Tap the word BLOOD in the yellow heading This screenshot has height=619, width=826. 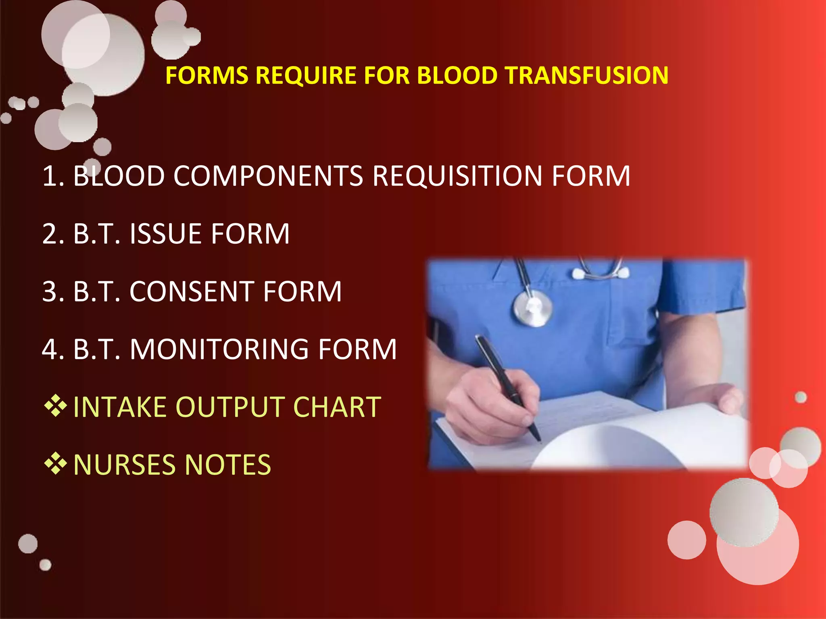pyautogui.click(x=457, y=75)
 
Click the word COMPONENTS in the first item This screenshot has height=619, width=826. pyautogui.click(x=268, y=176)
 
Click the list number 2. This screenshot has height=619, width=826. pyautogui.click(x=52, y=234)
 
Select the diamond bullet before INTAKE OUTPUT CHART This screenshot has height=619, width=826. pyautogui.click(x=55, y=406)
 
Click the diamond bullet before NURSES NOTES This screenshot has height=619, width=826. pyautogui.click(x=55, y=463)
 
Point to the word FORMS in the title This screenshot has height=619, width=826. pyautogui.click(x=207, y=75)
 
